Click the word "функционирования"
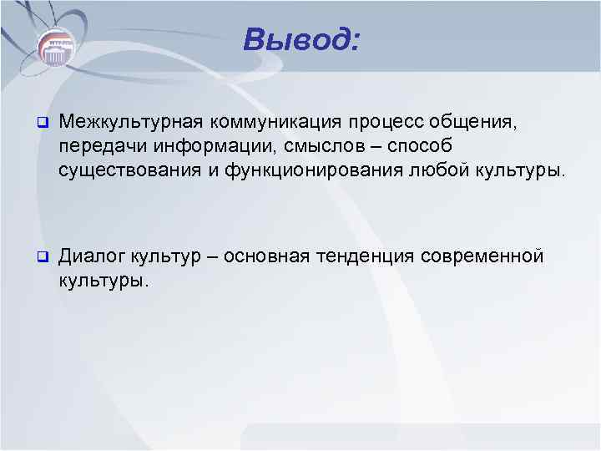307,170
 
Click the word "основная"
275,256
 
